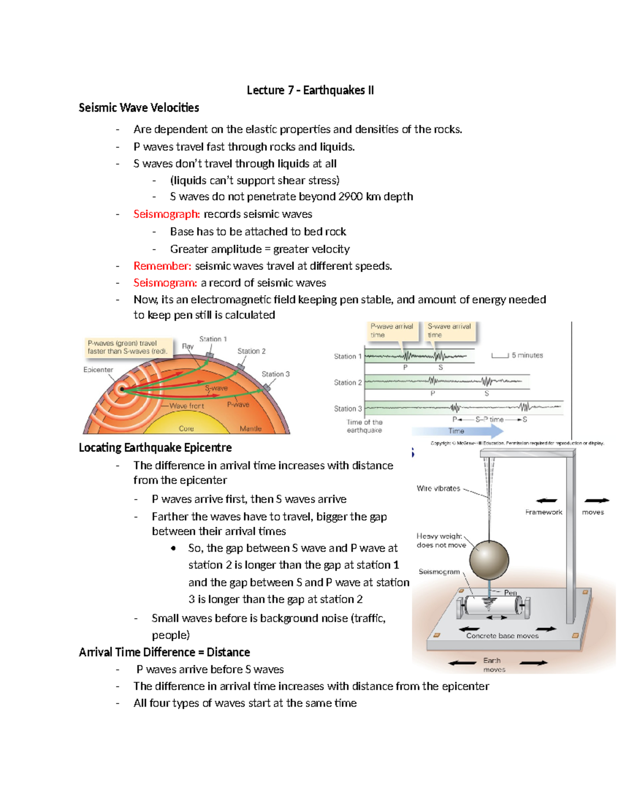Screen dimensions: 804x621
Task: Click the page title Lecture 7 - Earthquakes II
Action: point(310,90)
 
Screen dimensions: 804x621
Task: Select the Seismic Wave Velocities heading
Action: point(139,108)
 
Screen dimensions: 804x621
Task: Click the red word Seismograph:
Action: point(166,214)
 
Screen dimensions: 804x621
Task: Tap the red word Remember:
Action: point(162,266)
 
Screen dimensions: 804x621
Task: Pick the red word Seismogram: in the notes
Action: point(165,283)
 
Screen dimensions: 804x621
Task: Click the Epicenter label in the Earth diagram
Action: point(98,370)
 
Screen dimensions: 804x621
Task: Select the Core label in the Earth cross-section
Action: point(186,429)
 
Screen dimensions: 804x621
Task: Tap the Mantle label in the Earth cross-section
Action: point(250,429)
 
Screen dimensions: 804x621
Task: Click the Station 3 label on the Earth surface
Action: point(275,374)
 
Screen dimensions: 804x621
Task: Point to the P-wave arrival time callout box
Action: point(392,331)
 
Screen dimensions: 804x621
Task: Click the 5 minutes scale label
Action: point(527,355)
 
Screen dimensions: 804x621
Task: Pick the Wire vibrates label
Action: point(438,488)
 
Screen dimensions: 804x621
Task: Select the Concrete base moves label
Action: point(502,636)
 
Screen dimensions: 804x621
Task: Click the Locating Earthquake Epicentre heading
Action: point(155,447)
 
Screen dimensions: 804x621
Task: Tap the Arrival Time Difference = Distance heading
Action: point(164,652)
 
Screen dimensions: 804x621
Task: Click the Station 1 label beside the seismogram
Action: point(347,356)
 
